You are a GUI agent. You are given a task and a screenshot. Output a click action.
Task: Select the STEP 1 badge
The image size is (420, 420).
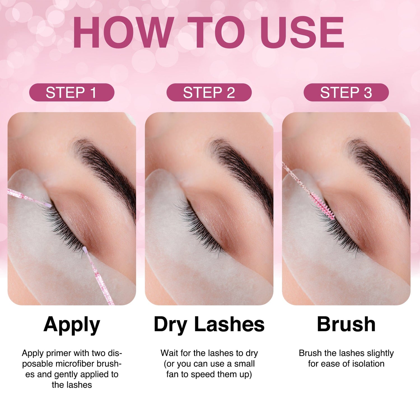point(72,92)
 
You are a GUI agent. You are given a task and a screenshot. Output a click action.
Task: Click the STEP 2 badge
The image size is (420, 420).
point(209,92)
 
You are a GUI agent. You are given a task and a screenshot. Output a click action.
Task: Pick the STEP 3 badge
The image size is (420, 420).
point(346,92)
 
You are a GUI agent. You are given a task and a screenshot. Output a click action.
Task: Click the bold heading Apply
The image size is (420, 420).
point(72,325)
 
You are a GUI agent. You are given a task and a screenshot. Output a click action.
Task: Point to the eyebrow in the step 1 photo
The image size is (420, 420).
point(106,168)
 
